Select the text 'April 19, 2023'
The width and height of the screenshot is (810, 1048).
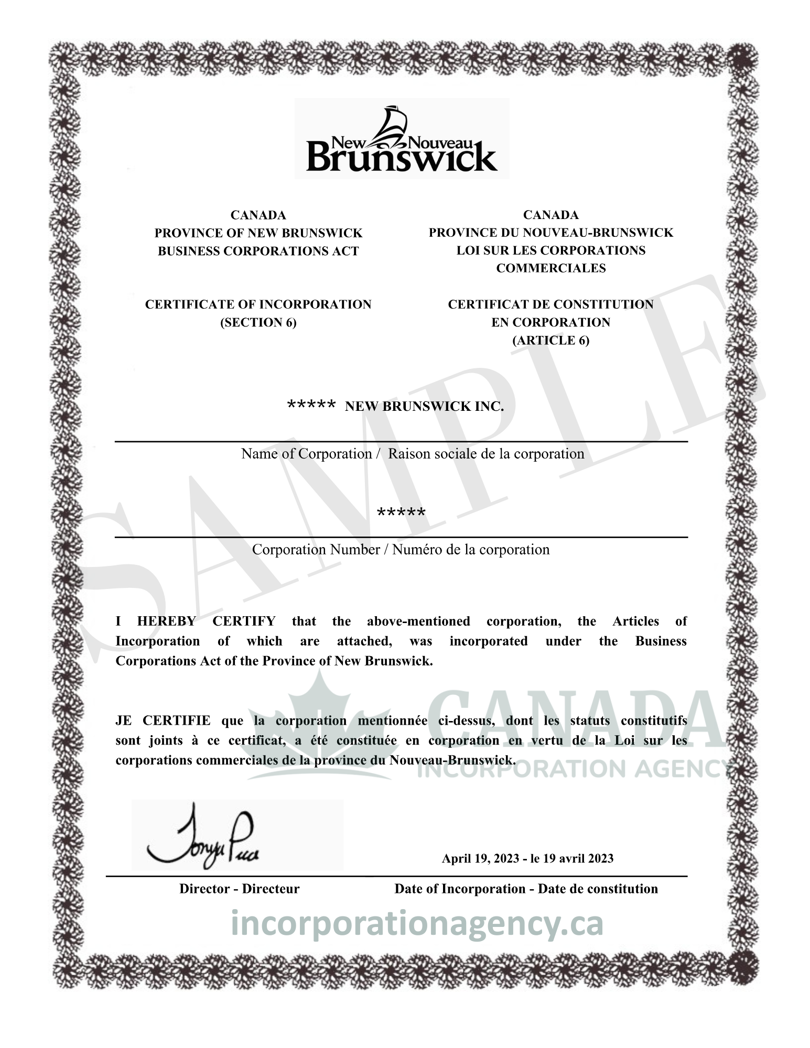pos(480,858)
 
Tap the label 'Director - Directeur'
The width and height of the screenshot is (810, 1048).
pos(239,889)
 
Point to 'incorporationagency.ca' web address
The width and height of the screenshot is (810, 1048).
pos(417,924)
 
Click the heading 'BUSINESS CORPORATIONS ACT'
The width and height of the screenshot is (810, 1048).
pos(258,251)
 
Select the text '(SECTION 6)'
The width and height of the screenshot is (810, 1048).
pos(258,322)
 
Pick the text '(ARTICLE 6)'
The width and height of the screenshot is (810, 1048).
pos(550,340)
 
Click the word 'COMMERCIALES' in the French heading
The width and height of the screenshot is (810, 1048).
pos(550,268)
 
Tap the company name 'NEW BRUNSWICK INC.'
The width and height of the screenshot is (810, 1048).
pos(424,407)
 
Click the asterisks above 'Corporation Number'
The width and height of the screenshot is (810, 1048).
pos(401,512)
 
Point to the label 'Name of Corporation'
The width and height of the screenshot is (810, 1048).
pos(306,454)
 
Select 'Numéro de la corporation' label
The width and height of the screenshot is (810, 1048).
pos(471,550)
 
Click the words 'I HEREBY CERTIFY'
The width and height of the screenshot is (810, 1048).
pos(195,621)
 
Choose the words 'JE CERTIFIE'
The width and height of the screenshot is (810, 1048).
pos(163,721)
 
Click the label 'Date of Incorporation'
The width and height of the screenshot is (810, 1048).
pos(460,889)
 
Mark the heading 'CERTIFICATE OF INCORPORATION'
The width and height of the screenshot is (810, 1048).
pos(258,304)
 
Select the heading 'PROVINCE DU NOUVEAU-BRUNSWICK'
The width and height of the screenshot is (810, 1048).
pos(550,233)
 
